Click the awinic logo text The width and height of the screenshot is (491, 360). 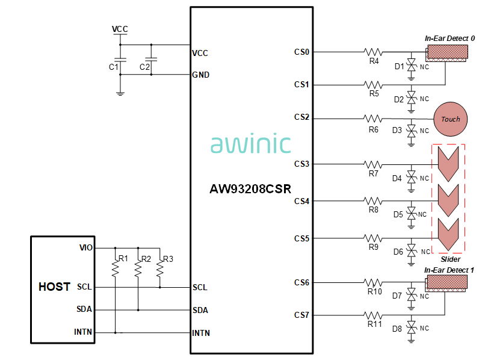coord(250,144)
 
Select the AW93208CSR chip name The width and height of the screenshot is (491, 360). coord(250,188)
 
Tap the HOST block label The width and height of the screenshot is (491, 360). coord(54,287)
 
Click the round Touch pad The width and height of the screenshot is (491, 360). coord(450,119)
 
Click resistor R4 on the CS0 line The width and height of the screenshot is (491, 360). coord(374,52)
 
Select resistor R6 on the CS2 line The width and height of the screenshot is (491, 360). coord(374,118)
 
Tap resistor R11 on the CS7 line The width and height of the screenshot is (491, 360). coord(375,315)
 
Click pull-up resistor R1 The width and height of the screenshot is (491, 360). coord(114,268)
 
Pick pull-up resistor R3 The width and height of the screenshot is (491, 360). coord(160,268)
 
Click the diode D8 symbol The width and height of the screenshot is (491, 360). coord(411,329)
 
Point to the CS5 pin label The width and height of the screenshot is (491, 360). coord(301,238)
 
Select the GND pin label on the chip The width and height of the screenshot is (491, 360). coord(200,75)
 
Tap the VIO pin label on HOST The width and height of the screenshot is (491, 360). coord(86,247)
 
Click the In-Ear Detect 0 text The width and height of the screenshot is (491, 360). coord(449,39)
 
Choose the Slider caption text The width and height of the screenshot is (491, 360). coord(450,259)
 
